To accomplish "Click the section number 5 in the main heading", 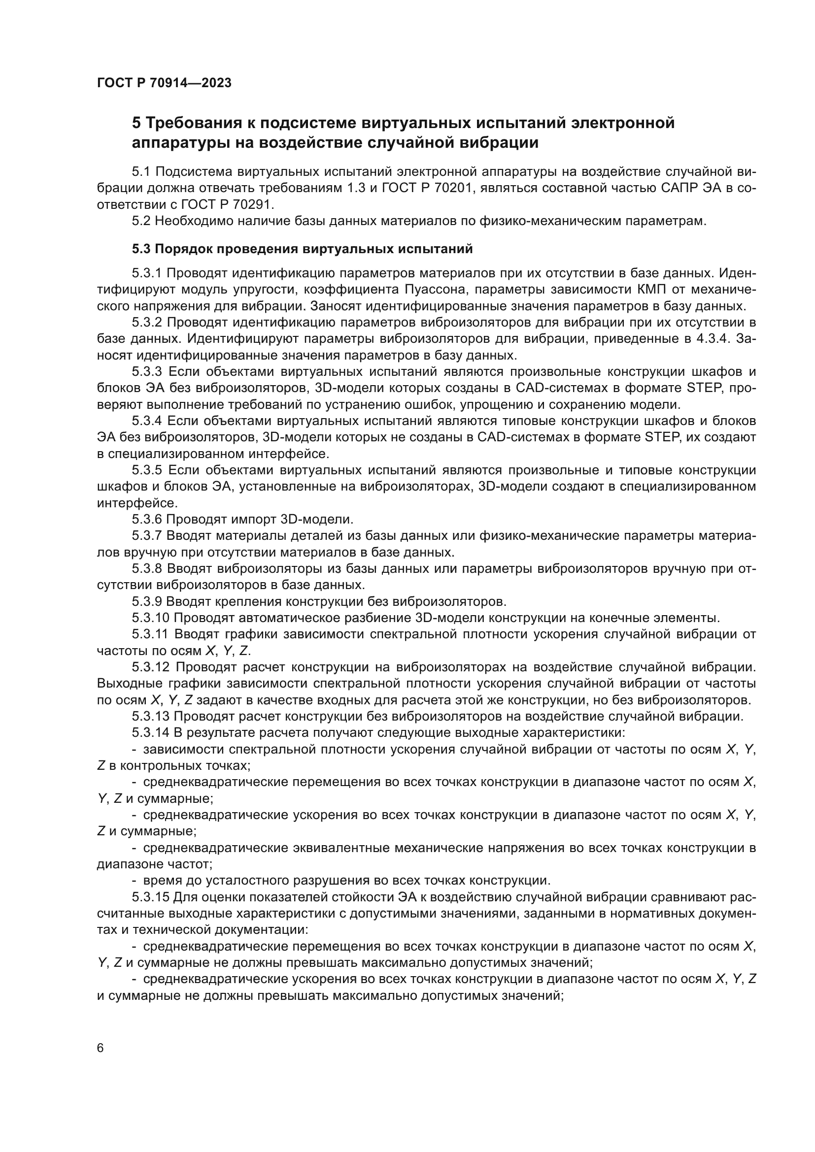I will pos(136,123).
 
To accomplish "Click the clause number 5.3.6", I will pos(147,519).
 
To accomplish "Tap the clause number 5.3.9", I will pos(147,601).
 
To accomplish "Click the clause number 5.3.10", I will pos(151,618).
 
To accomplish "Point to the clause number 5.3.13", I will pos(151,717).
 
